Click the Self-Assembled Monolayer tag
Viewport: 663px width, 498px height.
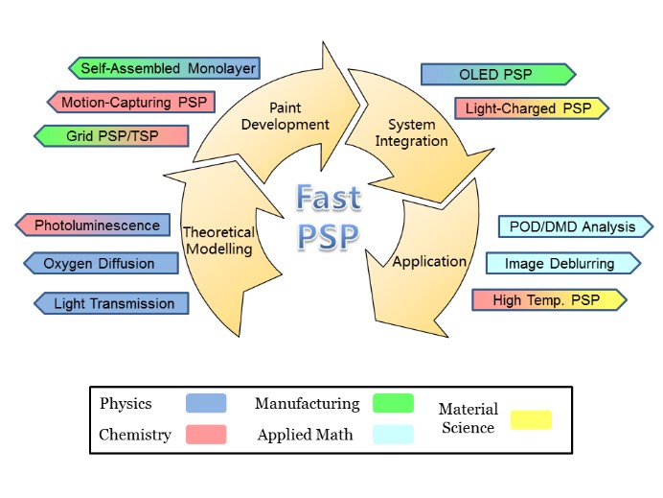point(165,68)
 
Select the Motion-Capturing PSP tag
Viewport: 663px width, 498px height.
point(131,102)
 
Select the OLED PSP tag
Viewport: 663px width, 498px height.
point(497,74)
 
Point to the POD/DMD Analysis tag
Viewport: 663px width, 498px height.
point(575,226)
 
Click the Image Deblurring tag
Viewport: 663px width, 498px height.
point(563,263)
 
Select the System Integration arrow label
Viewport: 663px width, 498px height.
point(417,132)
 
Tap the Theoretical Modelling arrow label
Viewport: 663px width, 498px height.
point(217,240)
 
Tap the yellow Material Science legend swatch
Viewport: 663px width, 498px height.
point(532,419)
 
